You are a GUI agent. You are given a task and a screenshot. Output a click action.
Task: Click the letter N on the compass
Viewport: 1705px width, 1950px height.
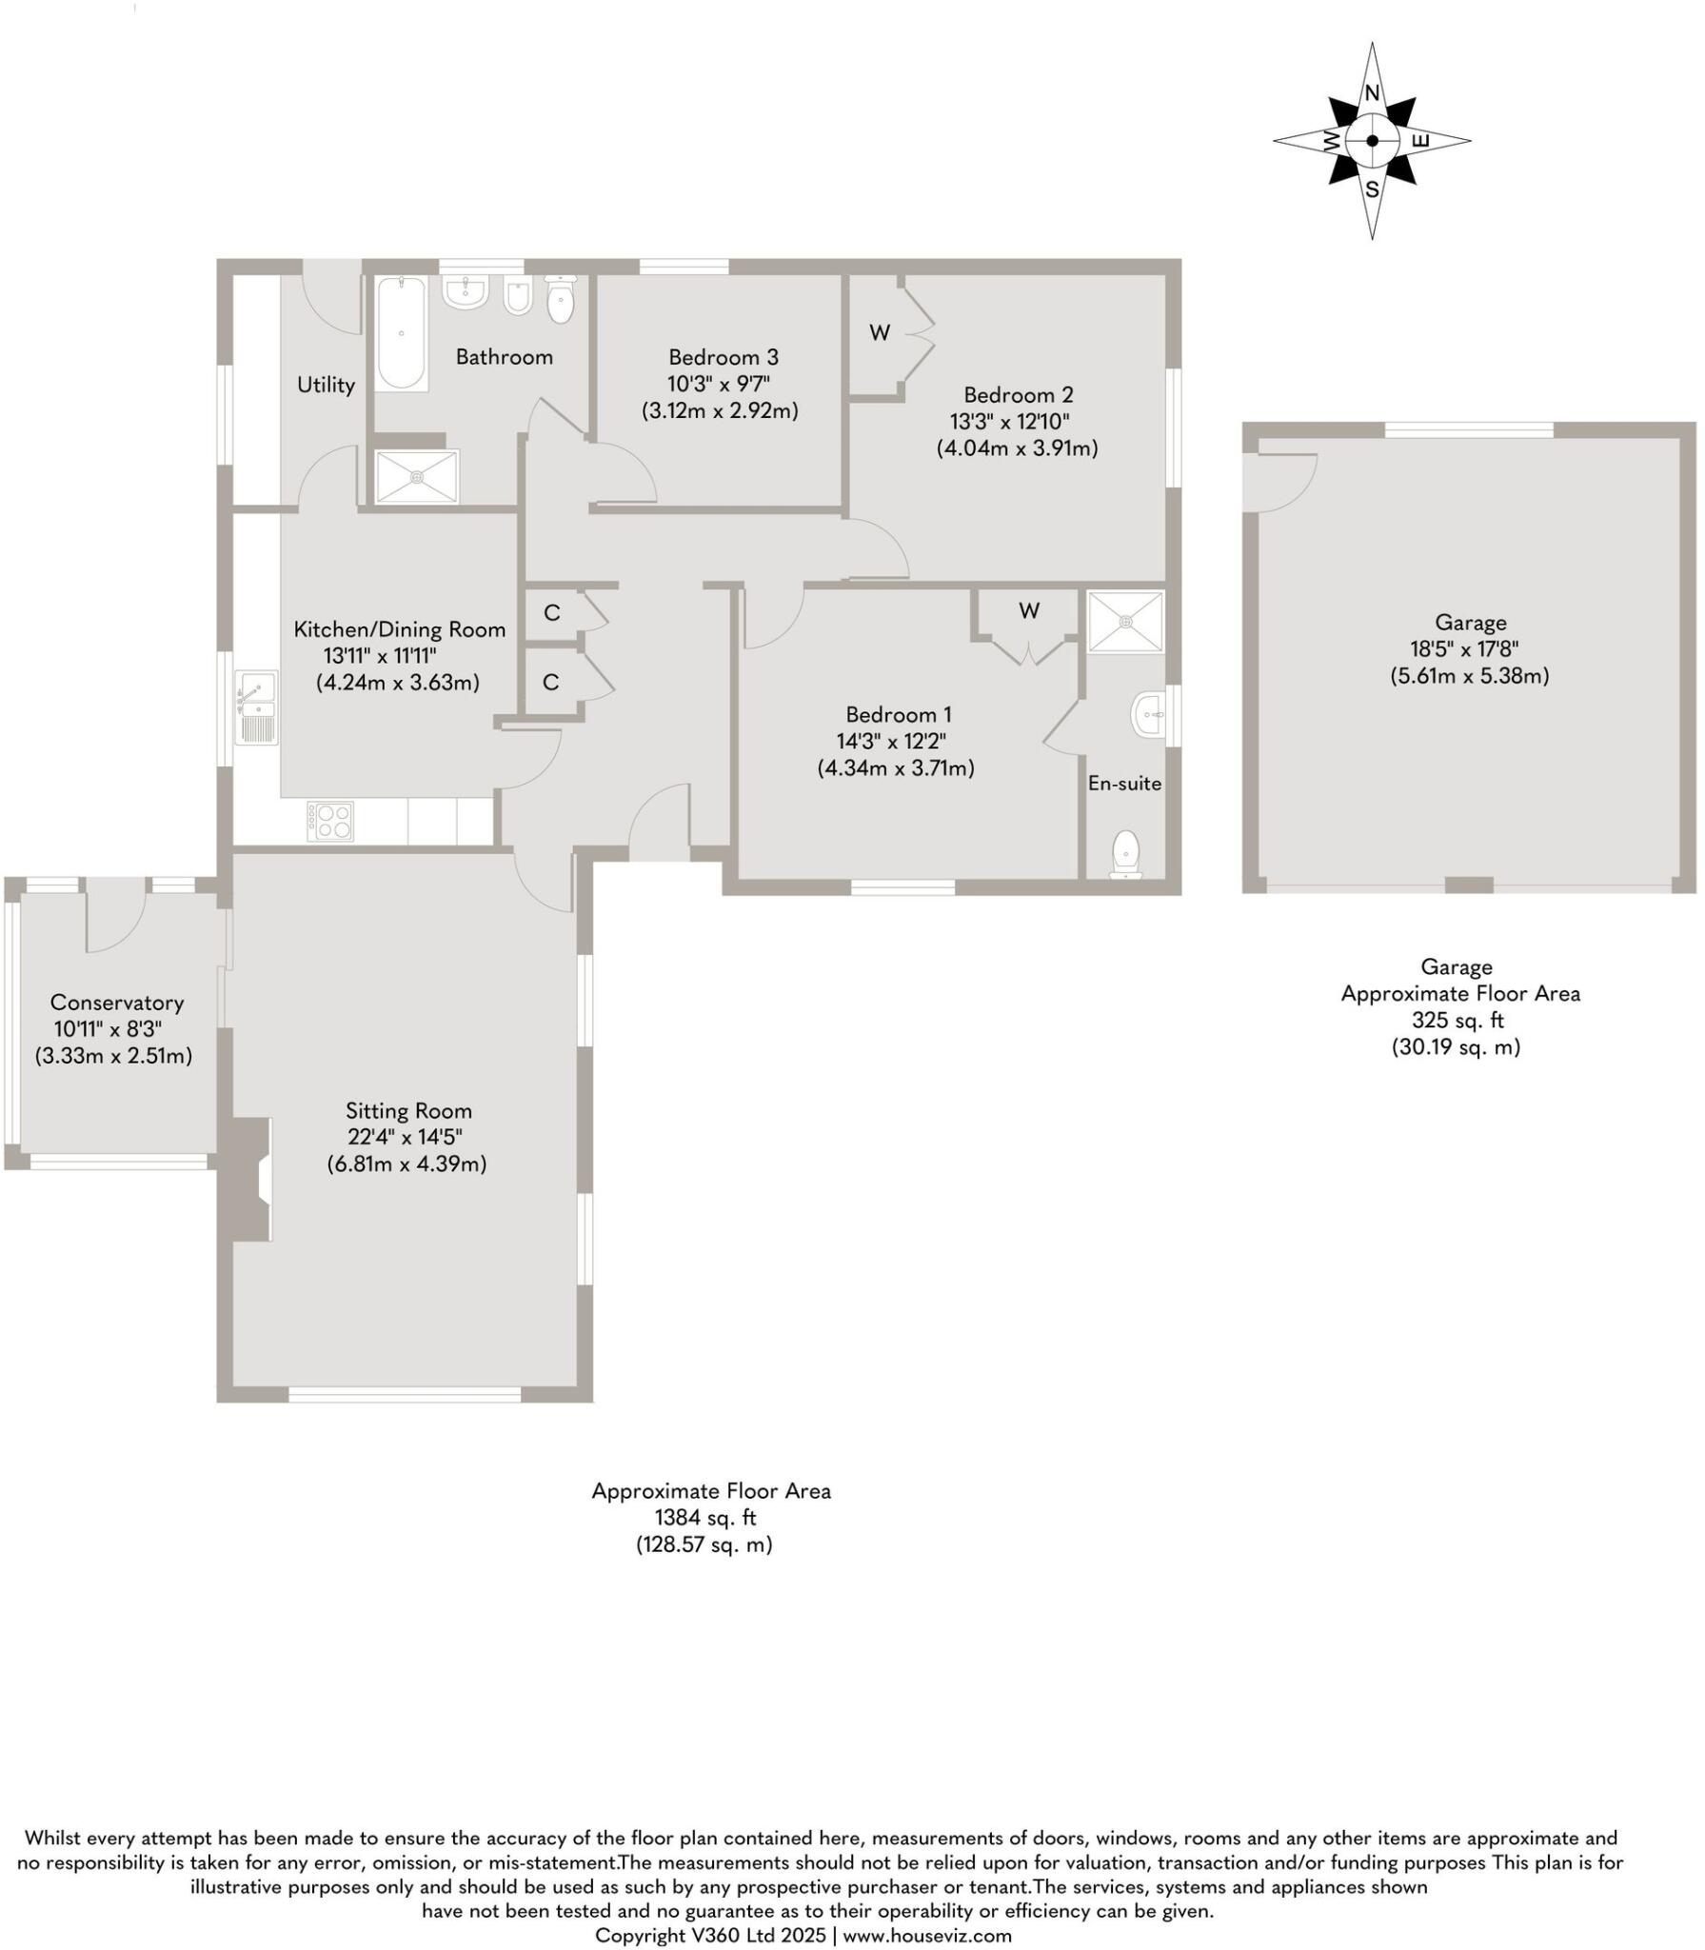tap(1372, 93)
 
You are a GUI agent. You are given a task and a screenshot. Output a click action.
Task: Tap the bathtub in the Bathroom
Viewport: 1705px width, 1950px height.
tap(401, 332)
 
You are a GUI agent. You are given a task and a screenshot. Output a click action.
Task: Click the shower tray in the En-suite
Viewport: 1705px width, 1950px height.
tap(1125, 621)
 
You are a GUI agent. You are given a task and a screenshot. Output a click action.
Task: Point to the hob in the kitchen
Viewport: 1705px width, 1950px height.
tap(330, 821)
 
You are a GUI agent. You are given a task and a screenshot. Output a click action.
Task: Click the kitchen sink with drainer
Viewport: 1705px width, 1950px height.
tap(257, 707)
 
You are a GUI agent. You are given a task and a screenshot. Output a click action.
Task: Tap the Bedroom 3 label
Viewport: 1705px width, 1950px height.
tap(723, 357)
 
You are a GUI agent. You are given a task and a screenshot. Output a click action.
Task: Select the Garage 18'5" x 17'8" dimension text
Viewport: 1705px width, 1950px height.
tap(1469, 649)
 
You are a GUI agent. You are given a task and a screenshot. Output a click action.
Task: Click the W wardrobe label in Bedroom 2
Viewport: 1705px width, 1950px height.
tap(880, 332)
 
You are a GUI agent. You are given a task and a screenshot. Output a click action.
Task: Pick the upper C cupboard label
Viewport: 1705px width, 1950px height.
tap(551, 612)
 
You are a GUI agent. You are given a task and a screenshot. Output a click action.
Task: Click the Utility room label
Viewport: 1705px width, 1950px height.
tap(326, 385)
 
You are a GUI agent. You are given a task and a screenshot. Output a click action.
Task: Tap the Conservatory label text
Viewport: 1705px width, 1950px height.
tap(116, 1002)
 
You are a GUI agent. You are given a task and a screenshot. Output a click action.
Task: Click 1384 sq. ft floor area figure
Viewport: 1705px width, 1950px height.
tap(704, 1518)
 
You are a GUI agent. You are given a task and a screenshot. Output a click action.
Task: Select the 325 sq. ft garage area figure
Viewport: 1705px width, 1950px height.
tap(1457, 1020)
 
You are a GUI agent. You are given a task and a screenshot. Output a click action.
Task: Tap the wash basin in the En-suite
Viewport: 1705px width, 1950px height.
tap(1148, 713)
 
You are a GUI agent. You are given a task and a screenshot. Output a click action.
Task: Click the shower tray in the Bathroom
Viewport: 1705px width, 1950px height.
tap(417, 476)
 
